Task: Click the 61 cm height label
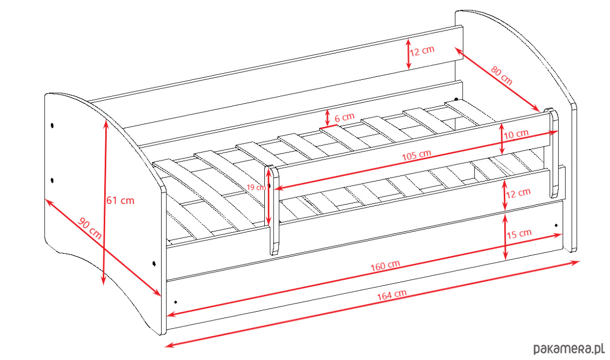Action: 120,201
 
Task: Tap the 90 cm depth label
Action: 89,228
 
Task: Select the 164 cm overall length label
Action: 392,294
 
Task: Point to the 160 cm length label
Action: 385,265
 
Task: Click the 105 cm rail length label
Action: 417,155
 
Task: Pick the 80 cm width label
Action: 502,75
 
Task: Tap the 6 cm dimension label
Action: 345,117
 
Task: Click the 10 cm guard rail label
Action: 516,134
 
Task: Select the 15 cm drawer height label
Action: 519,234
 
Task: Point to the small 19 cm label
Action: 256,187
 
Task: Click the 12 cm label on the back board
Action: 422,51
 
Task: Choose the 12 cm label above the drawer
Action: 518,193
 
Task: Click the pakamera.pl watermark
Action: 569,349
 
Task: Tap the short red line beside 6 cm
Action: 328,126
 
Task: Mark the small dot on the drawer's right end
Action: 556,225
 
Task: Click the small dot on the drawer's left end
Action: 176,302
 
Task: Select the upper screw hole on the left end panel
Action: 52,126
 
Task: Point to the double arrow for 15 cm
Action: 505,237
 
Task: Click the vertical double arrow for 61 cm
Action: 105,202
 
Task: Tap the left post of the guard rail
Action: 273,210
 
